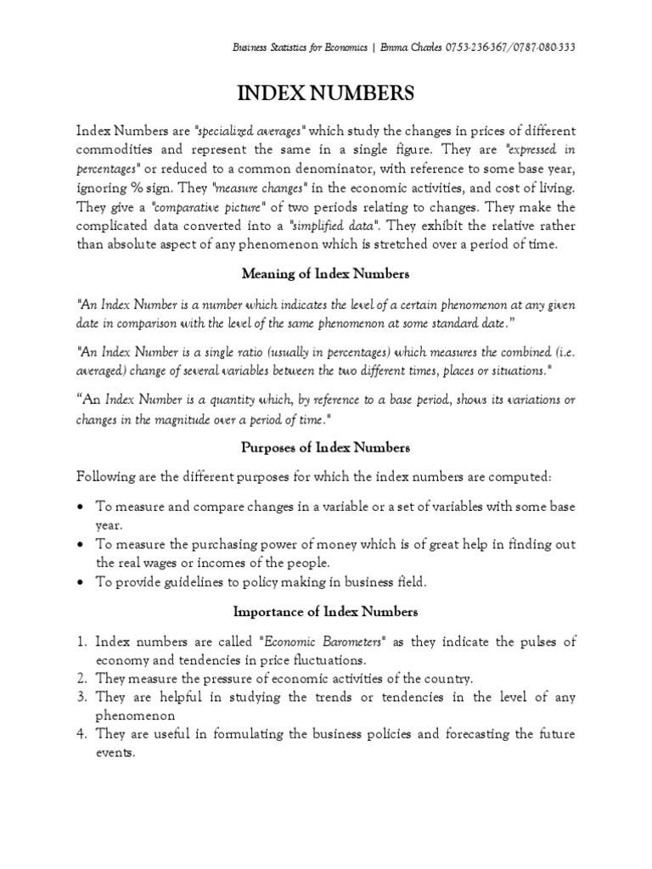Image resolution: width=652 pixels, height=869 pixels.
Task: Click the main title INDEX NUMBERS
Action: (326, 93)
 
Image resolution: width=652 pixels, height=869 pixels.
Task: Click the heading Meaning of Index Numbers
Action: (326, 273)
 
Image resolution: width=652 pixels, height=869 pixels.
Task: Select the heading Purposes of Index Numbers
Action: (326, 447)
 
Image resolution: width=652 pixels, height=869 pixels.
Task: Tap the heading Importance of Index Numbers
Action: (326, 611)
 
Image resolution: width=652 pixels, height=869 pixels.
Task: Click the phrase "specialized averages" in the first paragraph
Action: (250, 131)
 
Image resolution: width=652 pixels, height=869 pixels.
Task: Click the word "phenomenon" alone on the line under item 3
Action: (135, 715)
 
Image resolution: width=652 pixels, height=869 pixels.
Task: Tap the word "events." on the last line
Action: (115, 753)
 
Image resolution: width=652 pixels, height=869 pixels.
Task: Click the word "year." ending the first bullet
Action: (109, 525)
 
